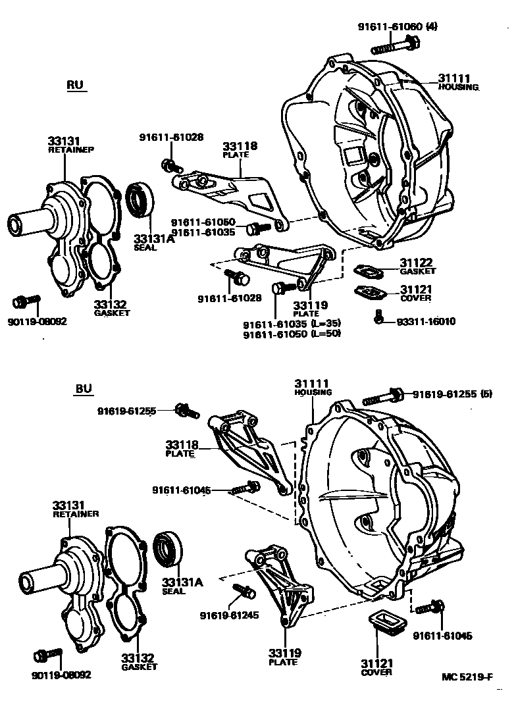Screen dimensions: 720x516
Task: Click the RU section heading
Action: [76, 86]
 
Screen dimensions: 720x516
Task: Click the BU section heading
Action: [83, 389]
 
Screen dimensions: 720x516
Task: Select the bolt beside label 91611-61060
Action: [396, 46]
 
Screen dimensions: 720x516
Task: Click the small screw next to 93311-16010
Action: [379, 316]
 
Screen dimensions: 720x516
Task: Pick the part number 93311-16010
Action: [426, 322]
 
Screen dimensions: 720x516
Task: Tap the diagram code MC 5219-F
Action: [467, 677]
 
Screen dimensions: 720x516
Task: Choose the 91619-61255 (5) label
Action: [450, 395]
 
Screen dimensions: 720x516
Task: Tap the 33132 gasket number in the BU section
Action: [137, 657]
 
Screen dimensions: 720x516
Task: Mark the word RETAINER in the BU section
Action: [76, 513]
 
